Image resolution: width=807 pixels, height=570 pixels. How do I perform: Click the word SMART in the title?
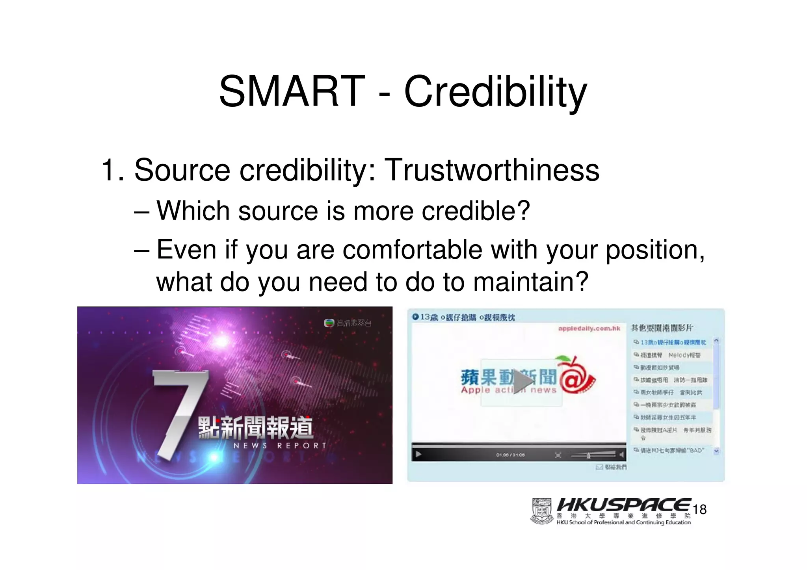292,92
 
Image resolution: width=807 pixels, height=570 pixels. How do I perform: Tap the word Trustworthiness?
491,170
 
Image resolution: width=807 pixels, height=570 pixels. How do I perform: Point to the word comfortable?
412,250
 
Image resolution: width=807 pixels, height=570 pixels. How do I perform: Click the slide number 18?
699,509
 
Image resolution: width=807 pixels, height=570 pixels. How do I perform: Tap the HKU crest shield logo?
542,511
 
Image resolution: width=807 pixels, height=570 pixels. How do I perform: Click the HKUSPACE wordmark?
623,505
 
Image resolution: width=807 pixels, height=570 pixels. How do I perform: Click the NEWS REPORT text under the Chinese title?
280,446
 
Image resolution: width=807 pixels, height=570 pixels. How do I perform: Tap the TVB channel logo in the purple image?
329,323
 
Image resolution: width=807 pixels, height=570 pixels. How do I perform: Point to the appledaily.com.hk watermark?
589,329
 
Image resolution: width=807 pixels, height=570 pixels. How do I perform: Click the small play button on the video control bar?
418,455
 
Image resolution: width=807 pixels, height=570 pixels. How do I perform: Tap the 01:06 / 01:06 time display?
510,455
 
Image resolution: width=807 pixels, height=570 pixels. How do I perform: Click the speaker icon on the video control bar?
622,455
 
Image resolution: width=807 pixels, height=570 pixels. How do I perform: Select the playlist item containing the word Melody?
670,355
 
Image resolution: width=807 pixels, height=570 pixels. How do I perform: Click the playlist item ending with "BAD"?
672,450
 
